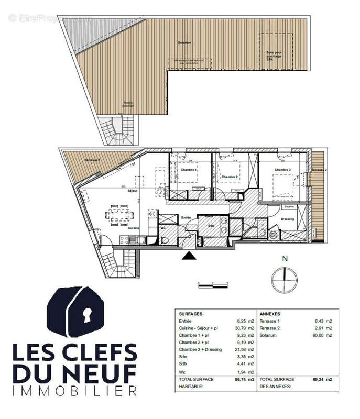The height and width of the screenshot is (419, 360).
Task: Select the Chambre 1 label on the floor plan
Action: pos(188,170)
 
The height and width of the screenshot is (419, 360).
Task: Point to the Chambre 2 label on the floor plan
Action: pos(230,177)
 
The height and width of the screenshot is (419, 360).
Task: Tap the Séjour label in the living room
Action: pos(132,191)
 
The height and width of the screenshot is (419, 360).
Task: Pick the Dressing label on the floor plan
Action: pos(288,219)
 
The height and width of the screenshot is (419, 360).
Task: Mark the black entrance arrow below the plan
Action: pos(188,256)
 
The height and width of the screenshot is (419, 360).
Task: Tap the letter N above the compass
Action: pos(285,259)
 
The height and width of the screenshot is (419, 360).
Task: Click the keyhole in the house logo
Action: pos(85,314)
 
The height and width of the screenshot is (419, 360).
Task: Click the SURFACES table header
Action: pos(190,313)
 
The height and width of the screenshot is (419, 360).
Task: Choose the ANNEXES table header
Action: pos(271,313)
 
